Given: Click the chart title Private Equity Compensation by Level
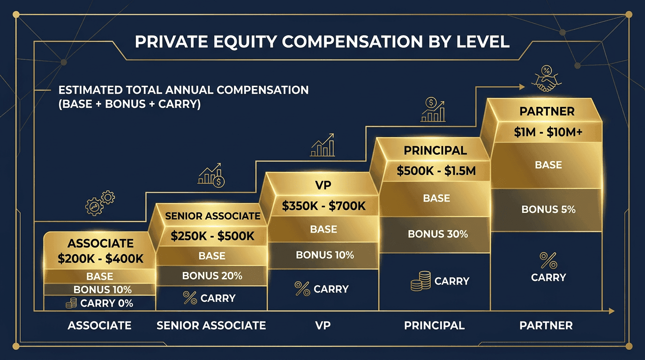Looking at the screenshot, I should click(322, 42).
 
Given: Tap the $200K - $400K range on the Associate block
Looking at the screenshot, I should click(100, 258).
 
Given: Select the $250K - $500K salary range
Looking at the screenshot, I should click(212, 236).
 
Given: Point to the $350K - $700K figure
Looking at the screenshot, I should click(323, 206).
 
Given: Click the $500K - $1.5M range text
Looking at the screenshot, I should click(436, 171).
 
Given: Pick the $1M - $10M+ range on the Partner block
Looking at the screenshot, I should click(548, 133).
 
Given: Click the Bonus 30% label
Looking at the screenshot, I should click(437, 233).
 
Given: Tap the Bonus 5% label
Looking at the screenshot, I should click(548, 209).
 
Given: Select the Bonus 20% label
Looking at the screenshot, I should click(212, 276).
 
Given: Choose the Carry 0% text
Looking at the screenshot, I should click(106, 303).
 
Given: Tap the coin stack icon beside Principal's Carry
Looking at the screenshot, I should click(420, 282).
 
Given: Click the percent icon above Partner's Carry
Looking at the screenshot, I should click(548, 259).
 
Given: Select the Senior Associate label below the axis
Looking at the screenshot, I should click(211, 325).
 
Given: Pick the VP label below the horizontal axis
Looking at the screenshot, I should click(323, 325).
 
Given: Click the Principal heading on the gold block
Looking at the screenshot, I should click(435, 150).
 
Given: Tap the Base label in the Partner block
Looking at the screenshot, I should click(548, 165).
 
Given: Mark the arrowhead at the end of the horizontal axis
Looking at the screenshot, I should click(611, 311).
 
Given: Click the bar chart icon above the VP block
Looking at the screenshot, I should click(323, 145).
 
